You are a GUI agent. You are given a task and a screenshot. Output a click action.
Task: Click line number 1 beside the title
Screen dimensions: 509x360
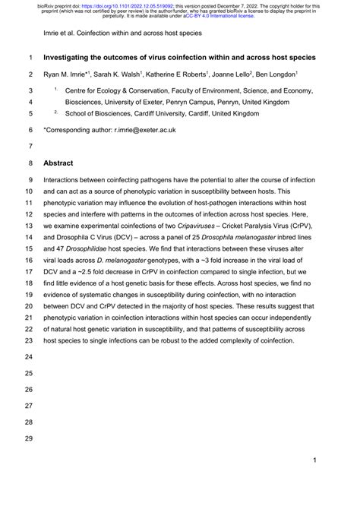pos(28,58)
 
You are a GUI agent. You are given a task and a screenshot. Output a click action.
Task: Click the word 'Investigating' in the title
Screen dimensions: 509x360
pos(75,58)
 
